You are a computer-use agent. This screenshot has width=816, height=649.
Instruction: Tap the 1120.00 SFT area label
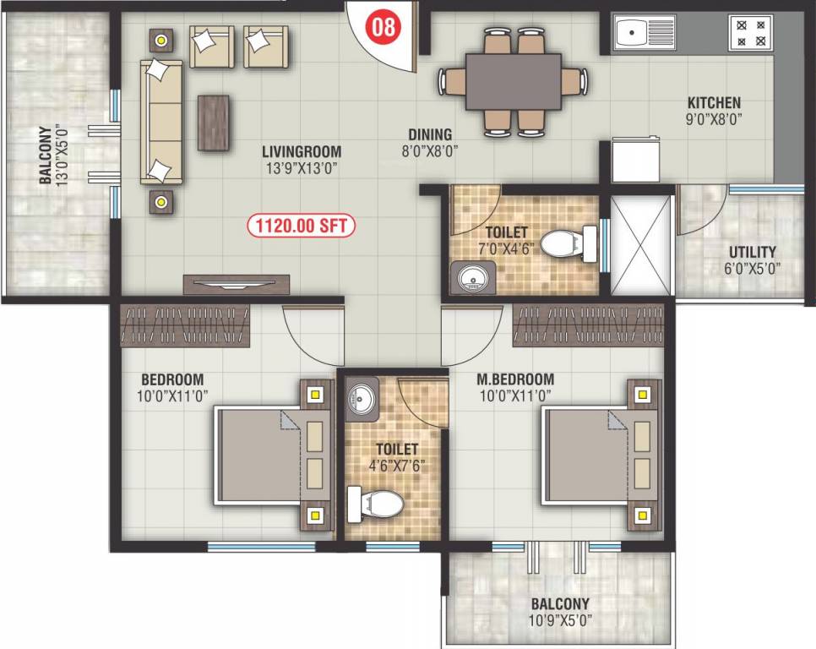point(302,226)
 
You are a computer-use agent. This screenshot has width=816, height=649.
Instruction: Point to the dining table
point(513,81)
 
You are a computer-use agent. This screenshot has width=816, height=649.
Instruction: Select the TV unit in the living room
point(237,284)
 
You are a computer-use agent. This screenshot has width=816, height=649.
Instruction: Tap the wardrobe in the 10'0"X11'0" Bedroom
point(185,324)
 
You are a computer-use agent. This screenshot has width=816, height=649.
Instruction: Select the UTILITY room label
point(753,252)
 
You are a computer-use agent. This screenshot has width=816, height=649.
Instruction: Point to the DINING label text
point(430,134)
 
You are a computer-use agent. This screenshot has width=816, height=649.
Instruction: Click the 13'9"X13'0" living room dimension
point(301,167)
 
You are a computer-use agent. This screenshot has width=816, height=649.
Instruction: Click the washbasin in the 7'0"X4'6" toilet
point(471,276)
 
